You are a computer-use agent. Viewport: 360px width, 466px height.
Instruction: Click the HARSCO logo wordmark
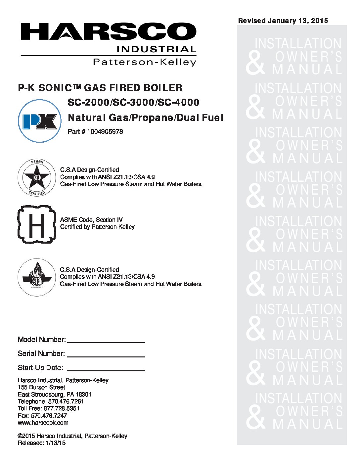click(x=108, y=32)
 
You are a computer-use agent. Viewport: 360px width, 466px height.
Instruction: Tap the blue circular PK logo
click(x=40, y=121)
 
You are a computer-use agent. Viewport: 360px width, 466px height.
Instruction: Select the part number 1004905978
click(x=105, y=132)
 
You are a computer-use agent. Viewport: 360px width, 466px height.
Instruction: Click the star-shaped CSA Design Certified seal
click(x=37, y=177)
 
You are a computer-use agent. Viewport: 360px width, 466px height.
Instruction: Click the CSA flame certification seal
click(x=37, y=277)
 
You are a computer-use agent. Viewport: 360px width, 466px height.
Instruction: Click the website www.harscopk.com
click(x=43, y=423)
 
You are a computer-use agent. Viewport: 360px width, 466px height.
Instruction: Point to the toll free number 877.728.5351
click(x=61, y=408)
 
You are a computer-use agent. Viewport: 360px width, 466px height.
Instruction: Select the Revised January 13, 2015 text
click(x=283, y=21)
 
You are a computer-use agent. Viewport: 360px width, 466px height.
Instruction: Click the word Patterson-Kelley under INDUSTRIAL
click(x=145, y=62)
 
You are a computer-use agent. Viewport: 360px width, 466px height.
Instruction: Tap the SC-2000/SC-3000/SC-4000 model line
click(x=133, y=103)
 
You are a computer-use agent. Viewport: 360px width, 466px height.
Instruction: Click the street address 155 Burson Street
click(x=41, y=387)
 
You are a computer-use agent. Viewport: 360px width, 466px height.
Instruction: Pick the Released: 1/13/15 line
click(x=42, y=443)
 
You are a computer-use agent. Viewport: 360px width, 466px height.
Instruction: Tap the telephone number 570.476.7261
click(x=66, y=401)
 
